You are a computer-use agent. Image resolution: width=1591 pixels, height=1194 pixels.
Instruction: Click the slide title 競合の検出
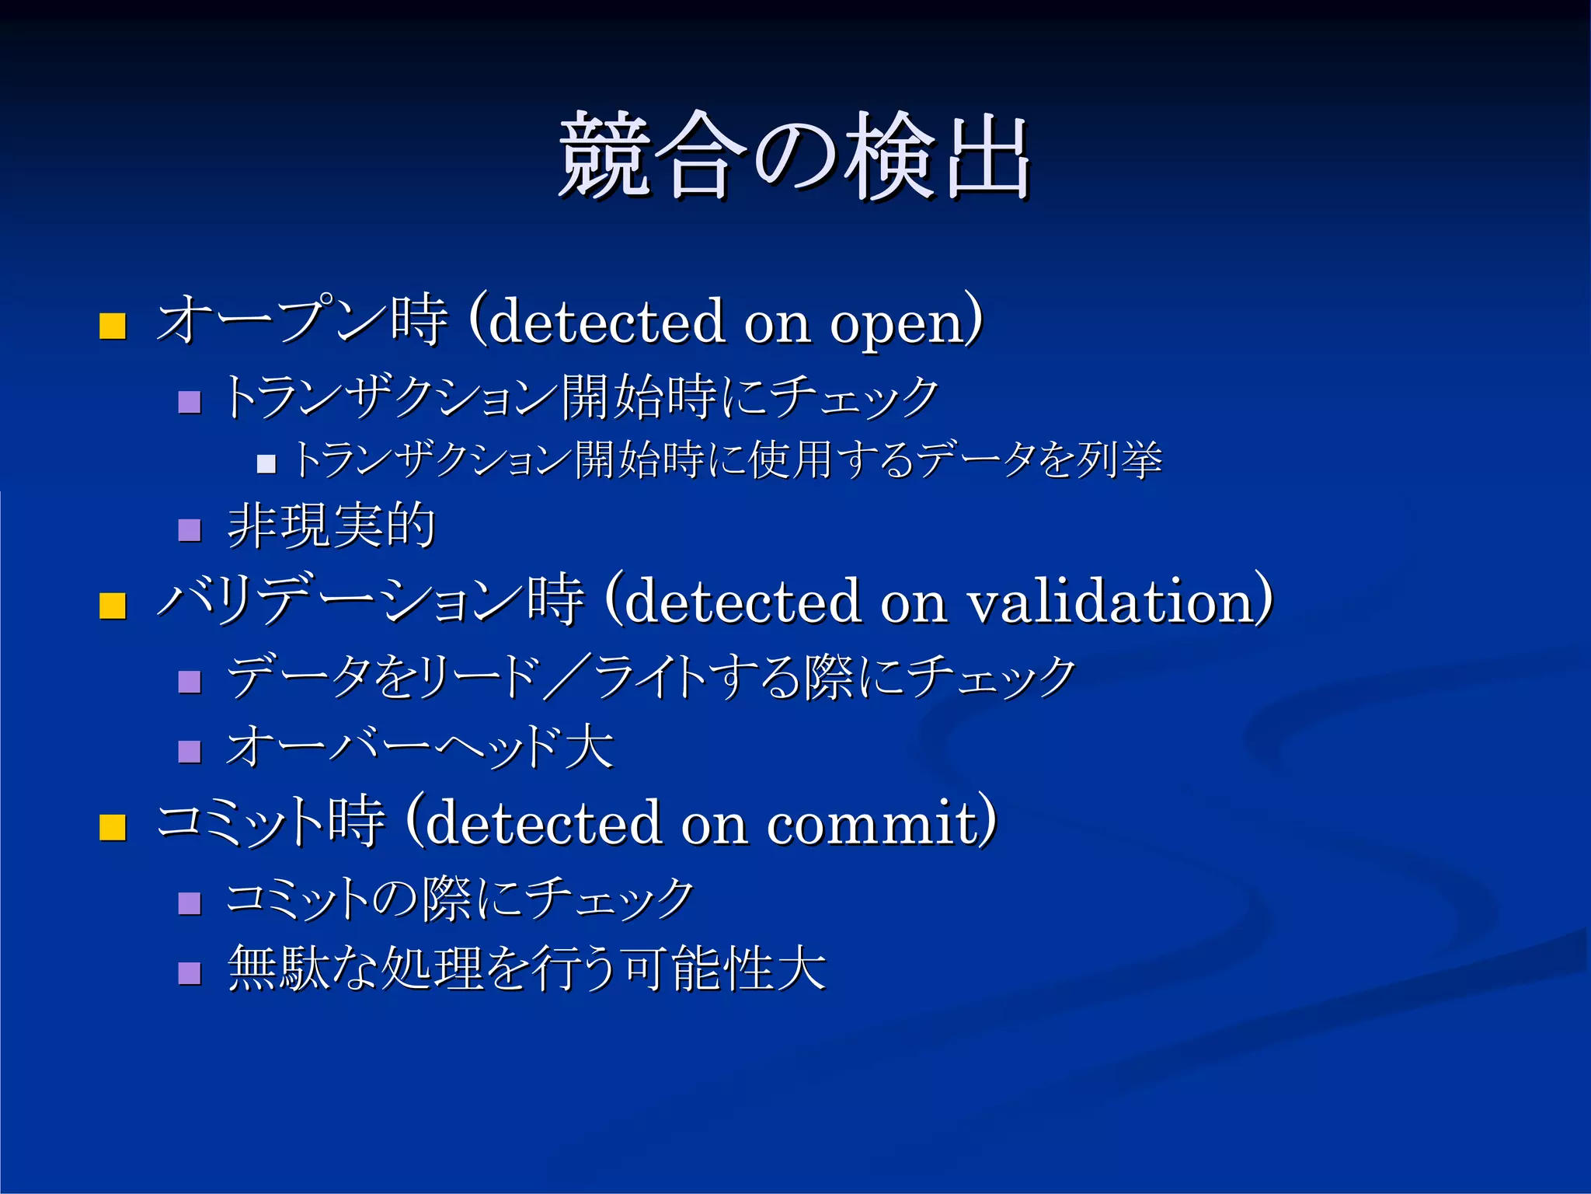coord(794,155)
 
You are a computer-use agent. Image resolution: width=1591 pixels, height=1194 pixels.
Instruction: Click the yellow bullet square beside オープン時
coord(113,326)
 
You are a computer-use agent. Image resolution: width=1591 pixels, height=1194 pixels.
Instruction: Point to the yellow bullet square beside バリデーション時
coord(113,606)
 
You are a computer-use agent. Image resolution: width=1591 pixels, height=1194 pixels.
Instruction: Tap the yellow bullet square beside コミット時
coord(113,828)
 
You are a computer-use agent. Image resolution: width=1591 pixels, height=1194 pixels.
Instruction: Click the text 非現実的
coord(331,525)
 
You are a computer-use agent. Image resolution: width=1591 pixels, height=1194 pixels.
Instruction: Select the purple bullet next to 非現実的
coord(190,530)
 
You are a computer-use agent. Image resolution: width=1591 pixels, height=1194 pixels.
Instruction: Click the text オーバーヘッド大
coord(420,747)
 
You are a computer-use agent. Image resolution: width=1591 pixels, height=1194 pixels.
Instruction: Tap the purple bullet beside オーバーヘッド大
coord(190,752)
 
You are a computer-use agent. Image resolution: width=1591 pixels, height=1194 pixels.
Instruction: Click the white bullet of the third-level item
coord(266,464)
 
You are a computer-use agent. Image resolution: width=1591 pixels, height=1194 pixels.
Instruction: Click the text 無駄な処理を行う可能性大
coord(526,969)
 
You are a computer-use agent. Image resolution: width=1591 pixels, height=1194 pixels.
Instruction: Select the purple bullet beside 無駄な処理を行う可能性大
coord(190,973)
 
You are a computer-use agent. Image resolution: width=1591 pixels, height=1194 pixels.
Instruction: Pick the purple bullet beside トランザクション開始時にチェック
coord(190,402)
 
